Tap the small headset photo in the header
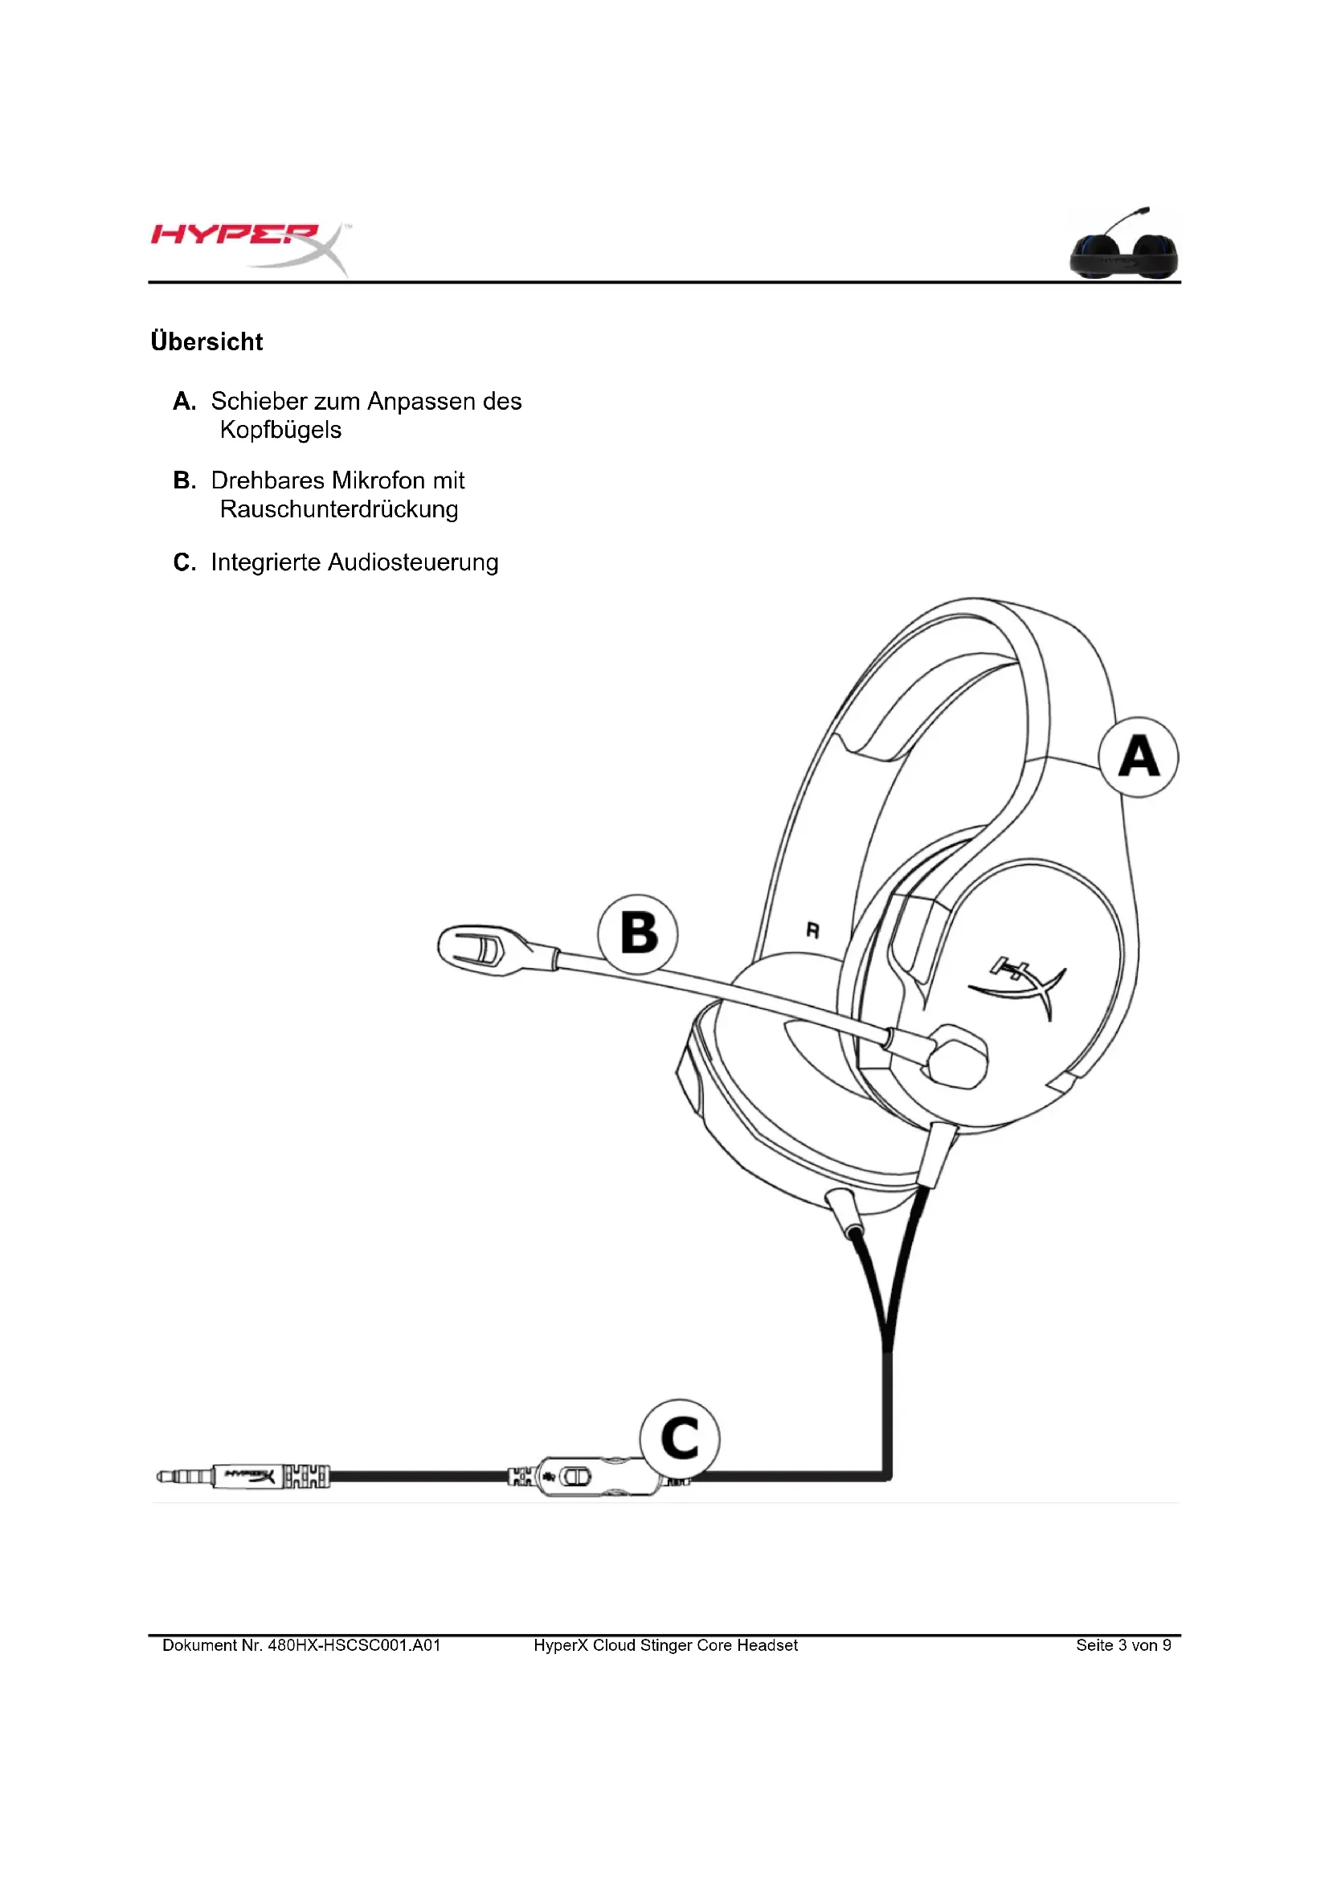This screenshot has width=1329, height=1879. (1124, 247)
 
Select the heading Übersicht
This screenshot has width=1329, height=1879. (207, 341)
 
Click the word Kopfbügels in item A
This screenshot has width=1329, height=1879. (280, 430)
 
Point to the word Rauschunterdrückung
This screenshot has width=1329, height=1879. (339, 509)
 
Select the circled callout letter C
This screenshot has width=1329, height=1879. (679, 1438)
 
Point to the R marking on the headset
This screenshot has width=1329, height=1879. (812, 930)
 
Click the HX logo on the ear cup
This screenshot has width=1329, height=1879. (1019, 985)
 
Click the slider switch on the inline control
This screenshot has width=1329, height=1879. (575, 1477)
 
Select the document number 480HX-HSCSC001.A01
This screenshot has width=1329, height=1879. (354, 1645)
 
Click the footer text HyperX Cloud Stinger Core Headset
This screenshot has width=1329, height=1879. (665, 1645)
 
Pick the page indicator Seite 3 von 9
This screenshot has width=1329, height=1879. (1122, 1645)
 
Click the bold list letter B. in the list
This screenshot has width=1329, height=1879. (185, 480)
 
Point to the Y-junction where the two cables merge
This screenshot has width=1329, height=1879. (888, 1342)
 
